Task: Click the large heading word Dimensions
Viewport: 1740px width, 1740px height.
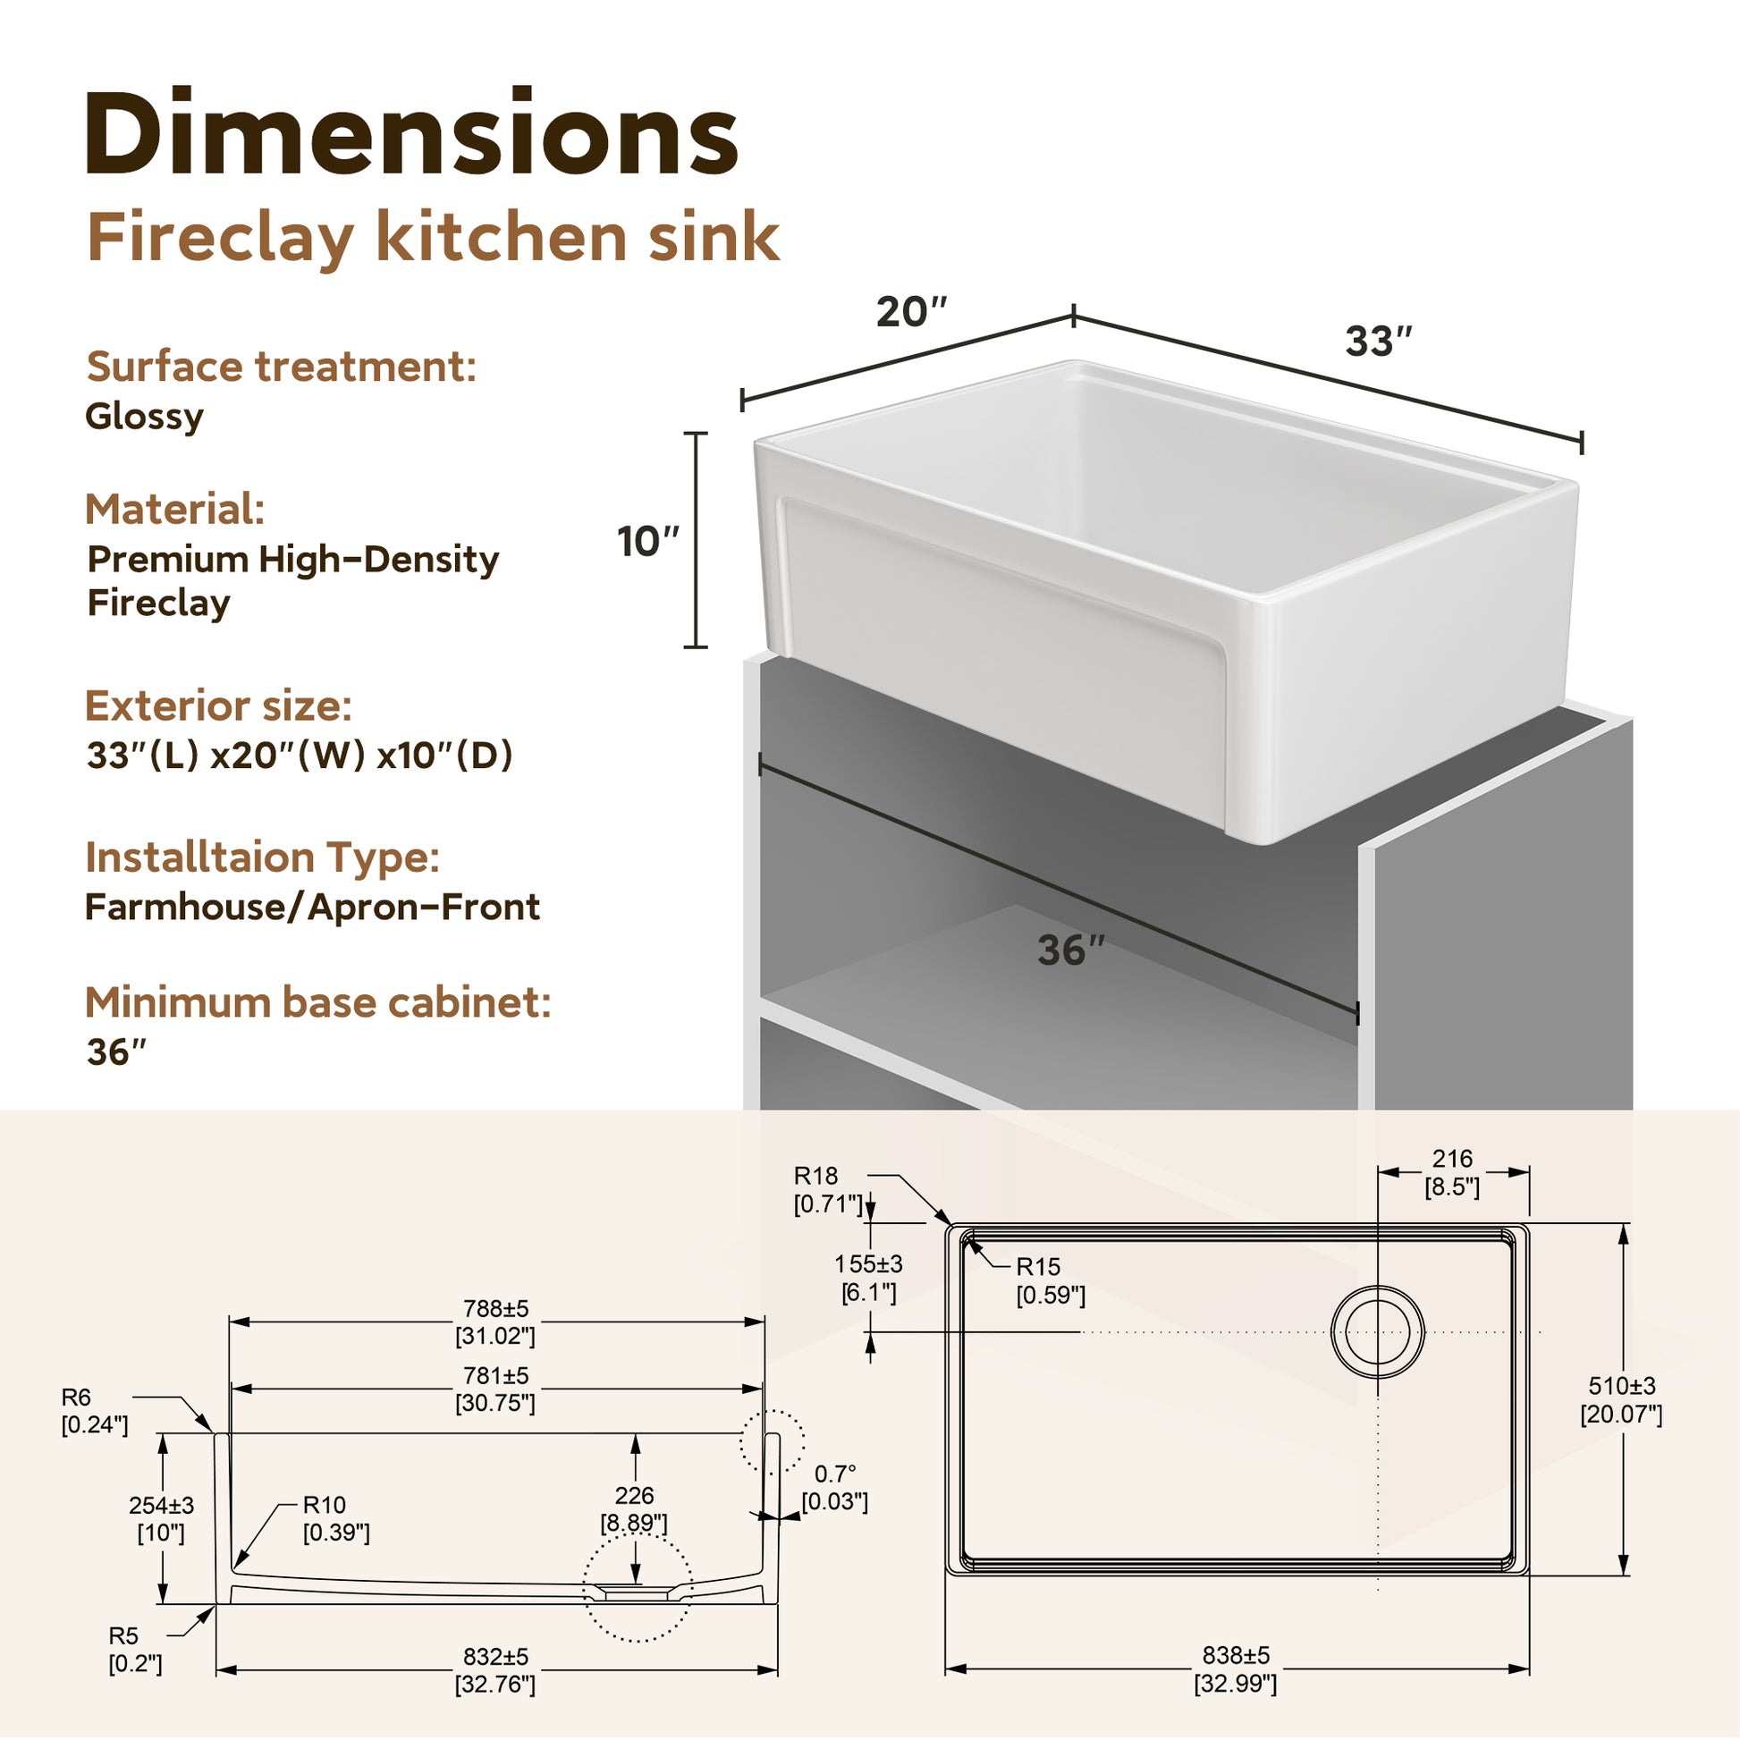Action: click(x=411, y=132)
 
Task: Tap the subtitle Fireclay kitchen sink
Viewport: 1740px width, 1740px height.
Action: click(x=433, y=239)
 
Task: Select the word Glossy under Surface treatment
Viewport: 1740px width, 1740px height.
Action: click(x=144, y=417)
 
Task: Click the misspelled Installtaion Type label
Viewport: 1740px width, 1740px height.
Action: click(x=262, y=857)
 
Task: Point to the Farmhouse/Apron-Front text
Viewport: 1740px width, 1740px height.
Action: click(x=313, y=907)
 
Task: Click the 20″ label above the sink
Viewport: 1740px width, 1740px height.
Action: click(x=912, y=312)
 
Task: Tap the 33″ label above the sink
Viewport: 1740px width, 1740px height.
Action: click(x=1379, y=342)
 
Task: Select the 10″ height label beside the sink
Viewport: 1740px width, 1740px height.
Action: click(x=647, y=541)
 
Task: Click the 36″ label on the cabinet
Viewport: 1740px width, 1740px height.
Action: click(x=1071, y=950)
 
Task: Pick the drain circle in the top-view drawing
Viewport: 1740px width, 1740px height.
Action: click(x=1377, y=1331)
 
